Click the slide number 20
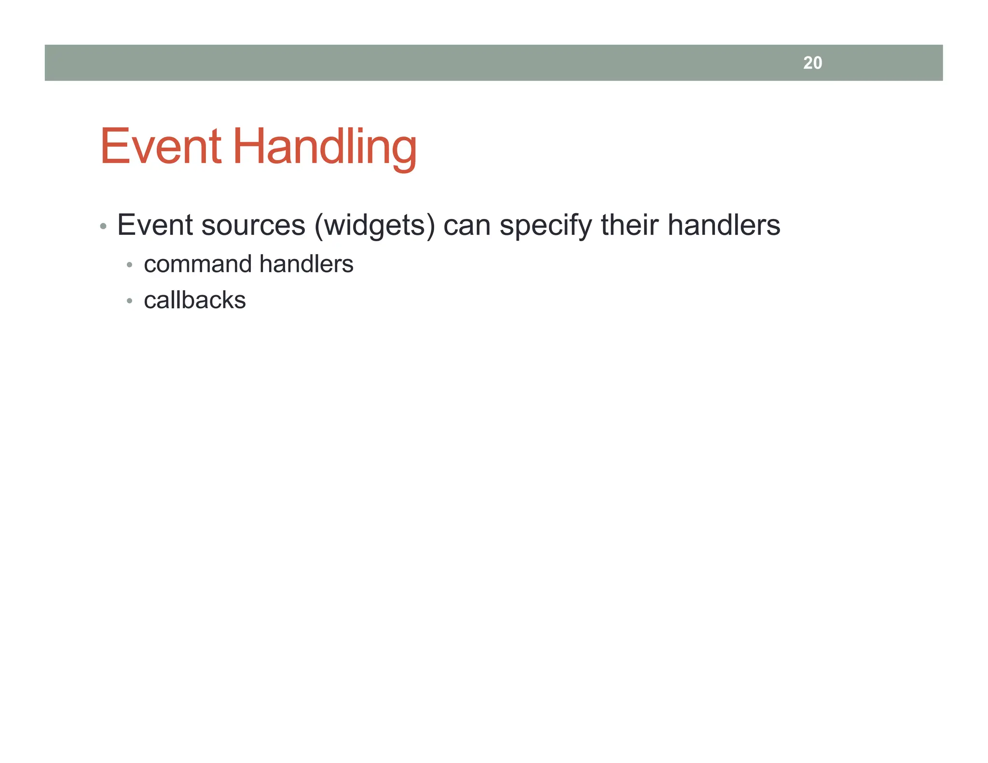(812, 63)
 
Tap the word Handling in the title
(325, 147)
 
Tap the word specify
(545, 225)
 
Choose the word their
(629, 225)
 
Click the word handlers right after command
(306, 264)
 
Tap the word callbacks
(195, 300)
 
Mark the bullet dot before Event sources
(103, 226)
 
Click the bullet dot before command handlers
(129, 265)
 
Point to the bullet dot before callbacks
(129, 301)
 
